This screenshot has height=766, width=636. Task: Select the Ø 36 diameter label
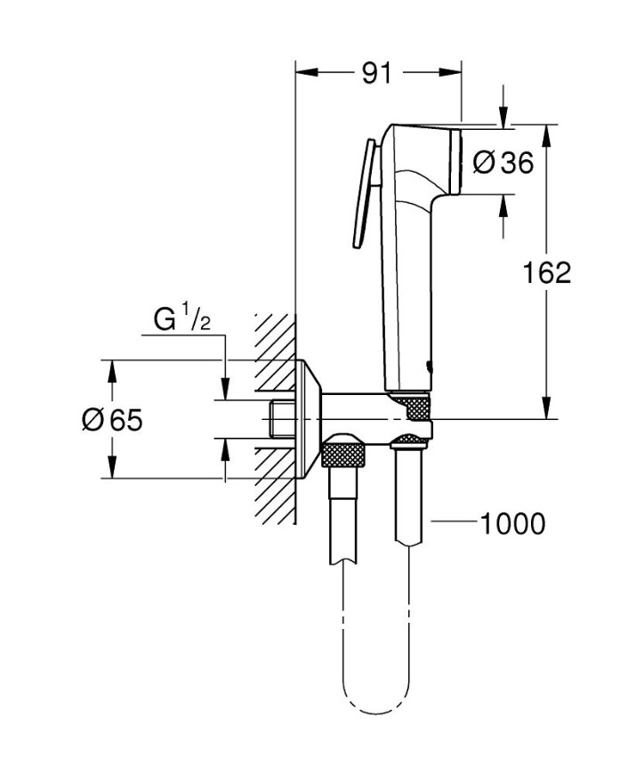click(503, 163)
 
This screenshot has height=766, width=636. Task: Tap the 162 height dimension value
click(546, 272)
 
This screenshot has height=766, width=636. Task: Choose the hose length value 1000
click(512, 524)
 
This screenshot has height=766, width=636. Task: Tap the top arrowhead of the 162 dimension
click(546, 131)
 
